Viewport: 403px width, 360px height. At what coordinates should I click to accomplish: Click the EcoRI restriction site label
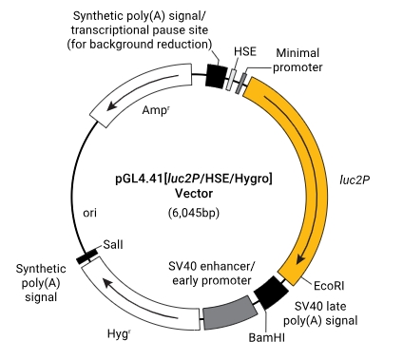329,286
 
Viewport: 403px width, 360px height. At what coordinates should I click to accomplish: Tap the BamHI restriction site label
267,337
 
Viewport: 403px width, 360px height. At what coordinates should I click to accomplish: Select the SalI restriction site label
113,245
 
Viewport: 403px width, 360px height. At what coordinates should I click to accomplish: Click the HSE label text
245,51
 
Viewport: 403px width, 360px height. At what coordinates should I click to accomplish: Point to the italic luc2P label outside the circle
355,180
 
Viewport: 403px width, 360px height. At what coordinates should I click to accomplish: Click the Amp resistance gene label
155,110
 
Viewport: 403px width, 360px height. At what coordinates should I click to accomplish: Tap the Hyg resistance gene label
119,334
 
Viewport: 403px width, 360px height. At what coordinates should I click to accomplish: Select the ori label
89,213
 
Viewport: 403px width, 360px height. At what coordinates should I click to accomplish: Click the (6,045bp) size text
194,213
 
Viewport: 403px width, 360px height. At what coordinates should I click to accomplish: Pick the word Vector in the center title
194,193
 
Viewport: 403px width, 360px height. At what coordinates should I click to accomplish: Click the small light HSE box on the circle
232,80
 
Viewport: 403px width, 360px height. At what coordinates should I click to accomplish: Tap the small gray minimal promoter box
241,83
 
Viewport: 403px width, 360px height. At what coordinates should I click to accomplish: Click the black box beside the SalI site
87,256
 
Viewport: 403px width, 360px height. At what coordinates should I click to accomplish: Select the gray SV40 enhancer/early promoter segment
230,313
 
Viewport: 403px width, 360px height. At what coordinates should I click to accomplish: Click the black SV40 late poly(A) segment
271,293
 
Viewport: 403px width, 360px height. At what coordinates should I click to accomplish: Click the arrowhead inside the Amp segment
112,104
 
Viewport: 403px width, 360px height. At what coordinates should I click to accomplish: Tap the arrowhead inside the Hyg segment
107,280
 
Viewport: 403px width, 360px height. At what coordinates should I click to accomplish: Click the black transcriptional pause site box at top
217,76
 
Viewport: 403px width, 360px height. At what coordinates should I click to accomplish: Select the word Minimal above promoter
297,53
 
